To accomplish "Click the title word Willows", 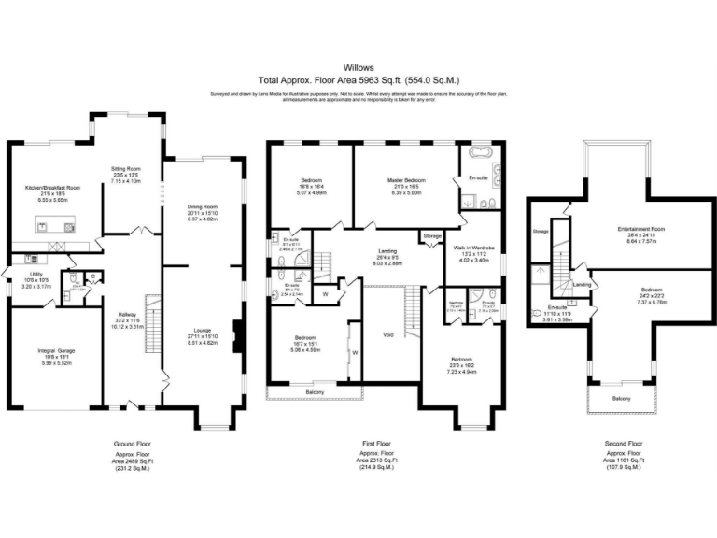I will pos(358,68).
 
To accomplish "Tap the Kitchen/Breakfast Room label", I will pos(52,188).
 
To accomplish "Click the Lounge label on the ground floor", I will pos(202,330).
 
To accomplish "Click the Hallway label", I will pos(127,315).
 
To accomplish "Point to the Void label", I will pos(388,333).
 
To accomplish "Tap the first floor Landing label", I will pos(387,249).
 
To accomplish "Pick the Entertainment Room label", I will pos(640,228).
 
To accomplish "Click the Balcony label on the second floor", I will pos(621,399).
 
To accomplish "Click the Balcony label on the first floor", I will pos(315,392).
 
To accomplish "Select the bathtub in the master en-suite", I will pos(483,151).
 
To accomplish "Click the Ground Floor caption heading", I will pos(132,444).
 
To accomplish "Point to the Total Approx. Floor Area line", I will pos(358,80).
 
